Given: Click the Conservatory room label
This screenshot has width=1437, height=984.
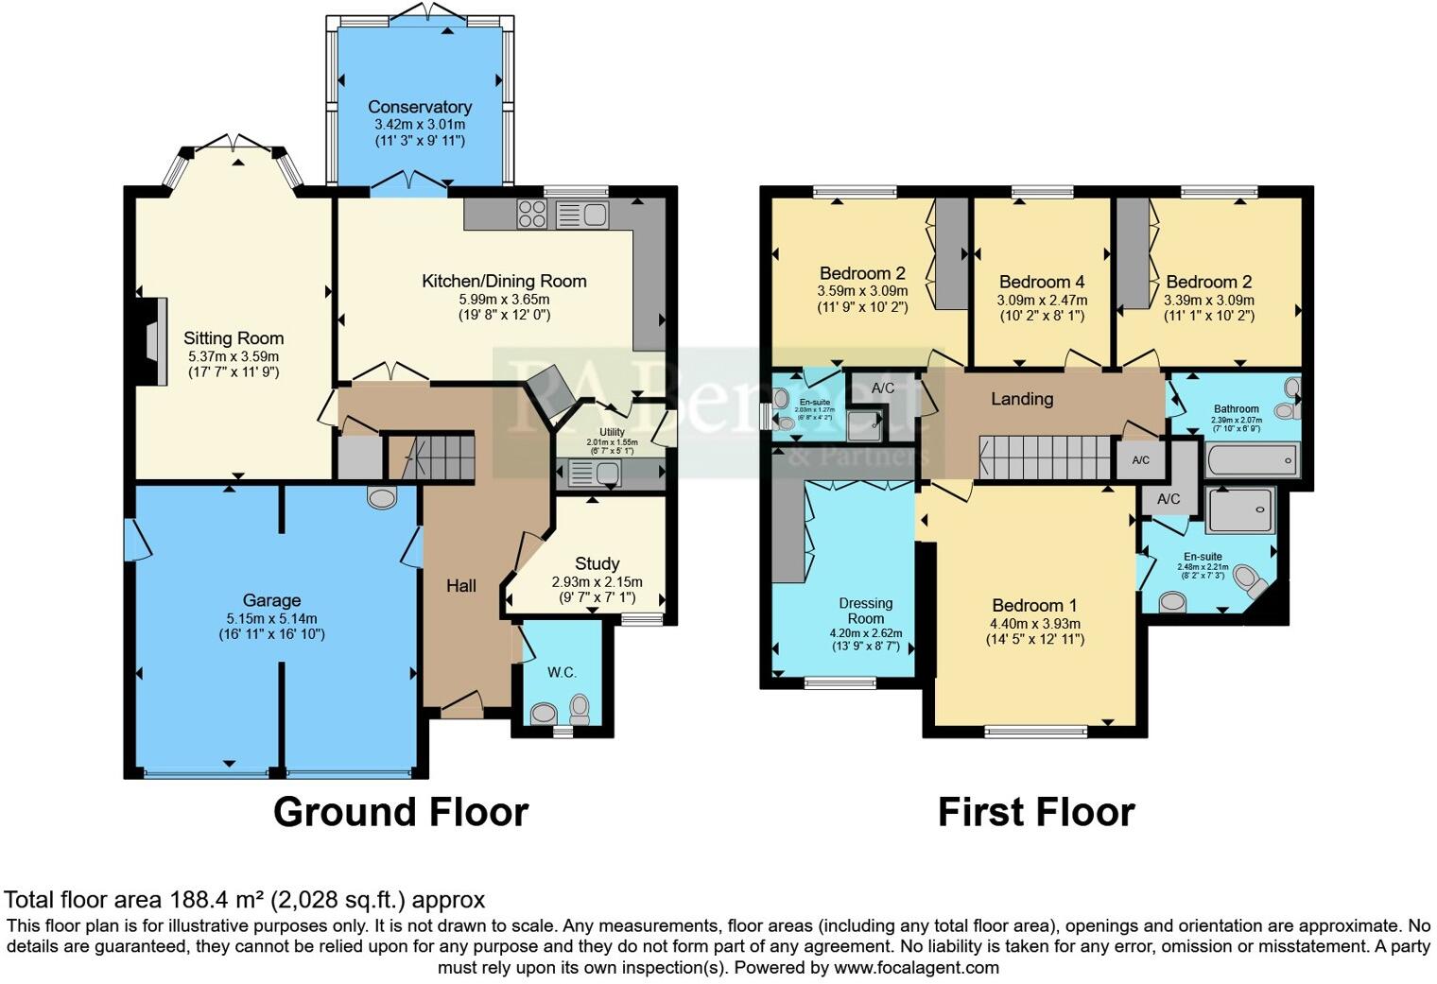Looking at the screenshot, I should click(x=419, y=107).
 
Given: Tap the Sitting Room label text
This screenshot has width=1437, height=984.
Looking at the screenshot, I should click(x=234, y=338).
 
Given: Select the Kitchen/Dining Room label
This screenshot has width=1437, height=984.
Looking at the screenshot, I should click(x=504, y=281).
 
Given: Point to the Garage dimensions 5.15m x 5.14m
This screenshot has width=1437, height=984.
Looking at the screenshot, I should click(x=271, y=618).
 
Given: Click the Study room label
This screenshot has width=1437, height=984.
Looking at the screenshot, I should click(x=597, y=564).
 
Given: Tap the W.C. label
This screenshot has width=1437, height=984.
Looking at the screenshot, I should click(x=562, y=672).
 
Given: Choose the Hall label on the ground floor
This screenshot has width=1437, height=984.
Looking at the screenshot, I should click(x=461, y=586).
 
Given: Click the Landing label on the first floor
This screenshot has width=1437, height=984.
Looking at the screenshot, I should click(x=1021, y=399).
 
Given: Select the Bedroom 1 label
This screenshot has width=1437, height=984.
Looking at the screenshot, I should click(x=1034, y=606).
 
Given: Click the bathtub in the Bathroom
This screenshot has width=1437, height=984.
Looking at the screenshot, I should click(x=1252, y=462).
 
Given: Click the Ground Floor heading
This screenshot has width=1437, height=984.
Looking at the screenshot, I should click(x=400, y=812).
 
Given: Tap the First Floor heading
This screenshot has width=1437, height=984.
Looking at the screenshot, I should click(x=1035, y=812).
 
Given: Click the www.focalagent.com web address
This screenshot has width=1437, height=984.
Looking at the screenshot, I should click(x=916, y=968).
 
